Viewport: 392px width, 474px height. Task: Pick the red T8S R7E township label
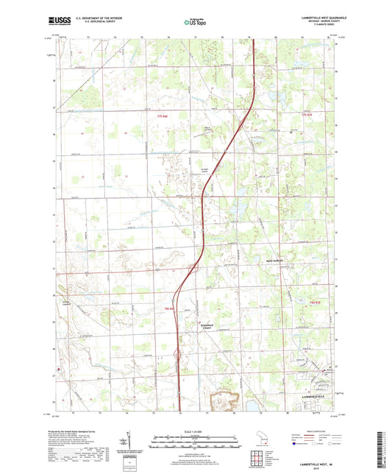point(316,301)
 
